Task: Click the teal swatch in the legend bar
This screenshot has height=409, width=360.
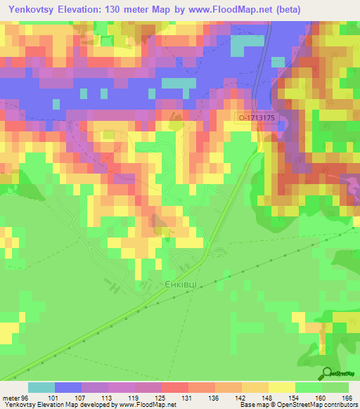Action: pos(41,387)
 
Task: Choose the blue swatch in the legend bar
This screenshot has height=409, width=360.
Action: pos(68,387)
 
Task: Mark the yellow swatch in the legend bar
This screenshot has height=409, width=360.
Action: pos(281,387)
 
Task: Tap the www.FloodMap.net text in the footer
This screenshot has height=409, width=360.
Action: pos(148,404)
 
